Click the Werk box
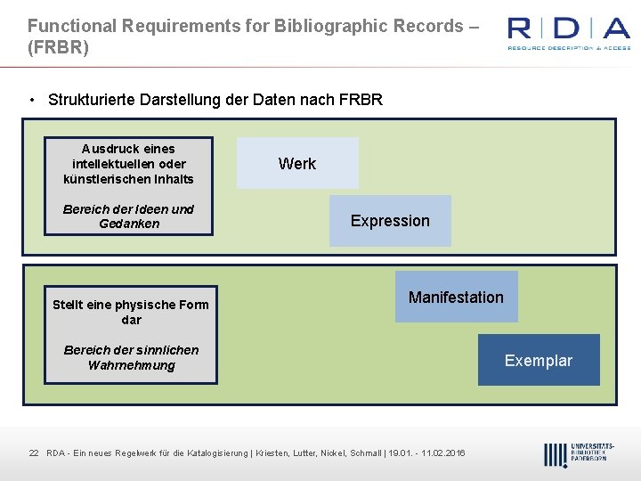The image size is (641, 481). coord(297,163)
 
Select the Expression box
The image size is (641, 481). coord(390,221)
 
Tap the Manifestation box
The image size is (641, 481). coord(456,298)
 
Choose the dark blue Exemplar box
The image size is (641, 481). coord(539,361)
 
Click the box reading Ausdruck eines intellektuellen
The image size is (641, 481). coord(128,164)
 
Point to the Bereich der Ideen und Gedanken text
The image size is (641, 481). coord(128,216)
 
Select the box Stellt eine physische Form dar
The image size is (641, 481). coord(130,312)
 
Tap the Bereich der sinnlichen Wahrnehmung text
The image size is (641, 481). coord(131,357)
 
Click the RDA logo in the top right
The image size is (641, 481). coord(568,32)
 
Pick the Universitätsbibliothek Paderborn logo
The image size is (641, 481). coord(578,453)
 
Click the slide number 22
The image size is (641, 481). coord(34,453)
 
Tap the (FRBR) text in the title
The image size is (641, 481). coord(58,47)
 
